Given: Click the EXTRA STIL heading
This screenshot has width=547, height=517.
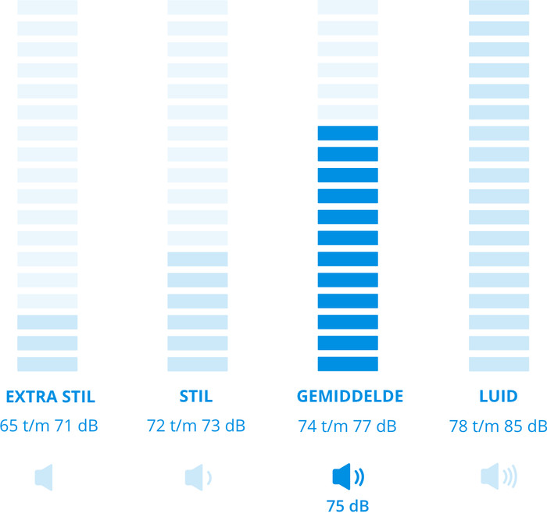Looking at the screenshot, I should click(x=50, y=397).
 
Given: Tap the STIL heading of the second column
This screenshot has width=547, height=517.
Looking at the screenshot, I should click(x=197, y=397).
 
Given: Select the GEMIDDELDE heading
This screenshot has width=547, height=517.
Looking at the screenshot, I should click(x=350, y=397).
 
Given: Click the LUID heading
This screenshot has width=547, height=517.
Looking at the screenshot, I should click(x=499, y=397).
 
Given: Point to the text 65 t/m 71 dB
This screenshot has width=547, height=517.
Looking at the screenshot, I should click(x=49, y=426).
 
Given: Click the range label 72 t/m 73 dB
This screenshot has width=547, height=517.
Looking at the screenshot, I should click(x=196, y=426).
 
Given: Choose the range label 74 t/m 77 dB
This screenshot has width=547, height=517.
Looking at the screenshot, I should click(x=348, y=426).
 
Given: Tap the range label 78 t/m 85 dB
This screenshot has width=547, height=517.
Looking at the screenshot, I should click(x=498, y=426).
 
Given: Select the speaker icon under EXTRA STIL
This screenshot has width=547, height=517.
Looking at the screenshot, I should click(x=44, y=476).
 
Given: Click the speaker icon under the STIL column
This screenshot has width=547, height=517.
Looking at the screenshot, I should click(x=197, y=476).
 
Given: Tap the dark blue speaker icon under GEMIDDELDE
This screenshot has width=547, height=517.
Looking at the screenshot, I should click(x=348, y=476).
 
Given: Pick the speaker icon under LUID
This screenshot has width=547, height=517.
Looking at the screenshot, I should click(x=499, y=476).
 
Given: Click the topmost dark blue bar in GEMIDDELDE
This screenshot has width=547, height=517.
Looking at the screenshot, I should click(x=348, y=133).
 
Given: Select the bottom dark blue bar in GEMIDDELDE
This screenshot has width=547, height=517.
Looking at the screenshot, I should click(x=348, y=364).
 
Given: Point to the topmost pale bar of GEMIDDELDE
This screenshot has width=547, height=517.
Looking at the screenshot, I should click(x=348, y=7).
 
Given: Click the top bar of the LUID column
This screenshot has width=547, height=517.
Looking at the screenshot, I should click(x=499, y=7).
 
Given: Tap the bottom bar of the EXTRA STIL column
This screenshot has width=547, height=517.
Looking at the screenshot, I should click(x=48, y=364).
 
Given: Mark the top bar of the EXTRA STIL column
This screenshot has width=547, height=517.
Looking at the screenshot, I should click(x=48, y=7).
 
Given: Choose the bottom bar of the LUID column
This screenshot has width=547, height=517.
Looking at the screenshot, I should click(x=499, y=364).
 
